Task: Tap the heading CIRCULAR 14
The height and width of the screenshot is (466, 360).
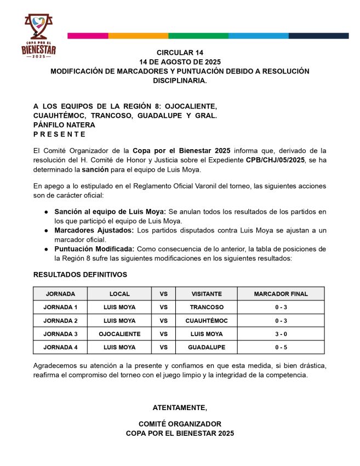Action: (180, 52)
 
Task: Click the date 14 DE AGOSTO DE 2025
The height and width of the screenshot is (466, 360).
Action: (180, 61)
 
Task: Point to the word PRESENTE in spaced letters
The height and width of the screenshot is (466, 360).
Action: (60, 134)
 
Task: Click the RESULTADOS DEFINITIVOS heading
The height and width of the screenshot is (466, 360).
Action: (80, 274)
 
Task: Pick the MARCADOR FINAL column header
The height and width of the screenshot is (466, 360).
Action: (281, 294)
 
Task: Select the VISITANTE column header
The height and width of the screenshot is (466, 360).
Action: (207, 294)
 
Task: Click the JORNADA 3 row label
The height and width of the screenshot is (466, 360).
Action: (60, 334)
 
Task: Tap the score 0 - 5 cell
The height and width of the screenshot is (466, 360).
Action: (281, 347)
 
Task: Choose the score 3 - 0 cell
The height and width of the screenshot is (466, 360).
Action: (281, 334)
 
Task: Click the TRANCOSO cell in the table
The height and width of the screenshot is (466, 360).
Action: (207, 307)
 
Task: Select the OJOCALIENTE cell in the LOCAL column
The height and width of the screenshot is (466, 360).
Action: (119, 334)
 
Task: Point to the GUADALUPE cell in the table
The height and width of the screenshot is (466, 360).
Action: (207, 347)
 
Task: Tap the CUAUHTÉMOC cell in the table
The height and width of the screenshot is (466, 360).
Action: (207, 320)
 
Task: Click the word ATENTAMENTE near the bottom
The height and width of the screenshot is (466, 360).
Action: (180, 407)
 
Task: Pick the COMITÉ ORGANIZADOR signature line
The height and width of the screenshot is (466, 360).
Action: (180, 424)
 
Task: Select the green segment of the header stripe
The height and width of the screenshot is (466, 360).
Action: (198, 36)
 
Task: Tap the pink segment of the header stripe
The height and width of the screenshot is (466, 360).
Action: (88, 36)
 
